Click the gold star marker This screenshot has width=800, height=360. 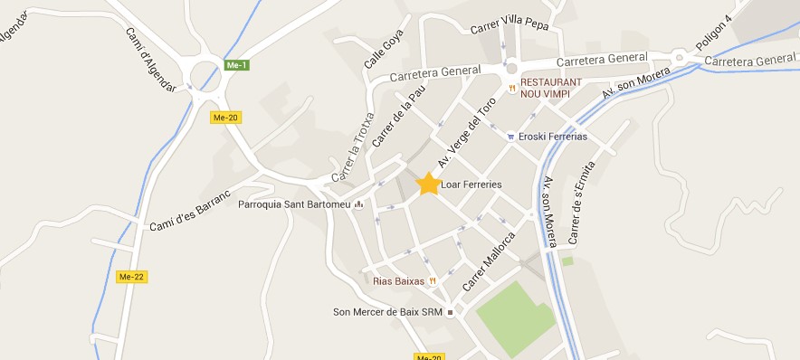pos(428,184)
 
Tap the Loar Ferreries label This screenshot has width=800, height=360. pos(471,185)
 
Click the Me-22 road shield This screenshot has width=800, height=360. pos(131,276)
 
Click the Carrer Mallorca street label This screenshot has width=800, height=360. pos(489,261)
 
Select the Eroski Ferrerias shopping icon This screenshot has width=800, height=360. pos(511,137)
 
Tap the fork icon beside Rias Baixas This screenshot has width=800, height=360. pos(433,281)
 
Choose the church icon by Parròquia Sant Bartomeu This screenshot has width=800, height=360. pos(358,204)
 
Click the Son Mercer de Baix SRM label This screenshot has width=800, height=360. pos(386,312)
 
